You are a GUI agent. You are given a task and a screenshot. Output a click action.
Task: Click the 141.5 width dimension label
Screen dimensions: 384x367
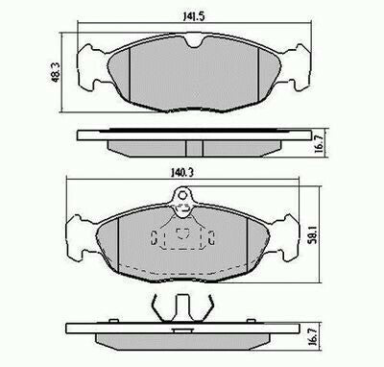193,16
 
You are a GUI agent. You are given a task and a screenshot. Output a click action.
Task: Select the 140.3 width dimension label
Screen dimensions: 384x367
182,173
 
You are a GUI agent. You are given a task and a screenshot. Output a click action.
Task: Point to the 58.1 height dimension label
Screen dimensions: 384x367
313,233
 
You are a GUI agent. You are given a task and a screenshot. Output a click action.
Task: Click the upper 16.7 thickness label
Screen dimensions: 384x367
319,143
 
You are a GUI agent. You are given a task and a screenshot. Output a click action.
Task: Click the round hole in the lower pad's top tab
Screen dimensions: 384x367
182,195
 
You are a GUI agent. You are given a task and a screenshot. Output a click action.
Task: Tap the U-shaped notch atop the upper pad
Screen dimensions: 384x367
195,42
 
